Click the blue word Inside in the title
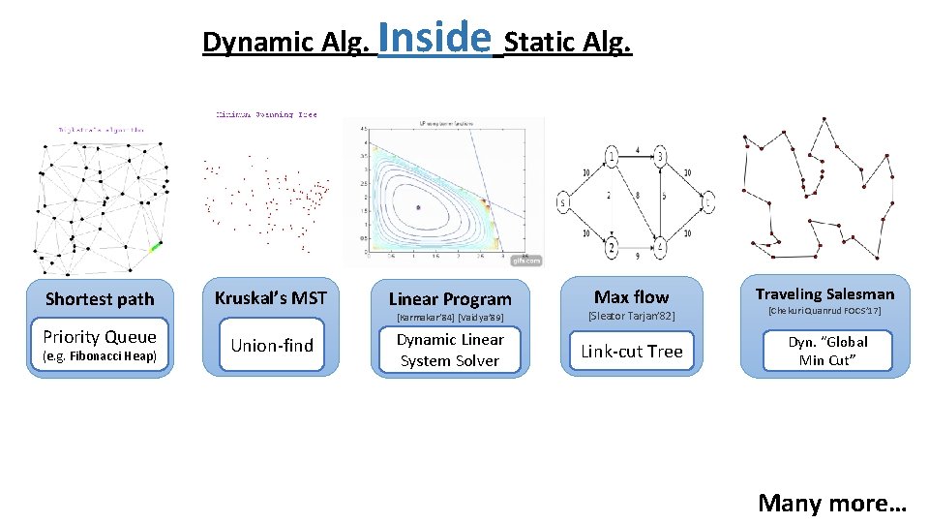pos(435,39)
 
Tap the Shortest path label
pos(100,299)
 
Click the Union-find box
pos(272,346)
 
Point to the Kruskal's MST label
pos(271,297)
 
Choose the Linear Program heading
pos(450,299)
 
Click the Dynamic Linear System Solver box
pos(450,350)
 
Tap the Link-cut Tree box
pos(632,352)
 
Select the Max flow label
pos(631,296)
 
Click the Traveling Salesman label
pos(825,293)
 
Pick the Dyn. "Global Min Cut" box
pos(826,351)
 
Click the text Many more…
pos(832,503)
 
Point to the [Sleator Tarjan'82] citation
pos(631,317)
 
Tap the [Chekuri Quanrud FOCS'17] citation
pos(825,311)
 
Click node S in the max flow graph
pos(562,203)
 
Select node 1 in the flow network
pos(612,157)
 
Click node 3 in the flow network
pos(660,157)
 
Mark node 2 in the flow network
pos(612,249)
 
